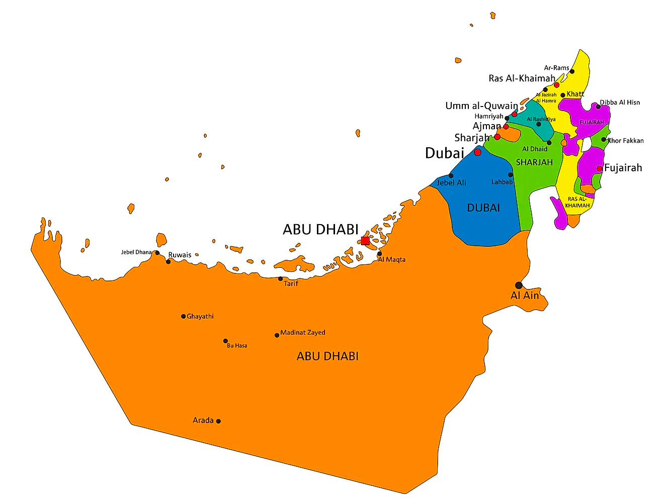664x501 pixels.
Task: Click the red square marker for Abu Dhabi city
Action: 365,241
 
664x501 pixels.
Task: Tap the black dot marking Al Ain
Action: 519,285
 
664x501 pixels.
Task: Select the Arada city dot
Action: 218,421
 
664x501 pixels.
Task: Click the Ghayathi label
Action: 200,317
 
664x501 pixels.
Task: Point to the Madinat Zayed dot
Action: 277,335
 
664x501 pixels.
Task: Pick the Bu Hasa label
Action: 237,346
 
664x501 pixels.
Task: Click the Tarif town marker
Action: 281,279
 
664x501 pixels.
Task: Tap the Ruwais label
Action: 180,255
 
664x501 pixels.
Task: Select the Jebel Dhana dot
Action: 157,253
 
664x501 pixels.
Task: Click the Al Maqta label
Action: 392,260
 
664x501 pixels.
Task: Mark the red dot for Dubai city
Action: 477,152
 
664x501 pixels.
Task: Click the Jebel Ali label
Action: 451,183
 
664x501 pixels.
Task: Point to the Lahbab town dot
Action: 511,175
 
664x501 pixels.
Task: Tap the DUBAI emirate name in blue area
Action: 483,208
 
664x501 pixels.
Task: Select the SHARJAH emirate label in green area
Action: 534,162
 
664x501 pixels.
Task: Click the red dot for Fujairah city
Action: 600,169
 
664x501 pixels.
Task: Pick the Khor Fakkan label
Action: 626,141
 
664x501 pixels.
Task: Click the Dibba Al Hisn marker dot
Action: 598,107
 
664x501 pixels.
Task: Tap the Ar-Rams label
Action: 556,68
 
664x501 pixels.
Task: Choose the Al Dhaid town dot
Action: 549,143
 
